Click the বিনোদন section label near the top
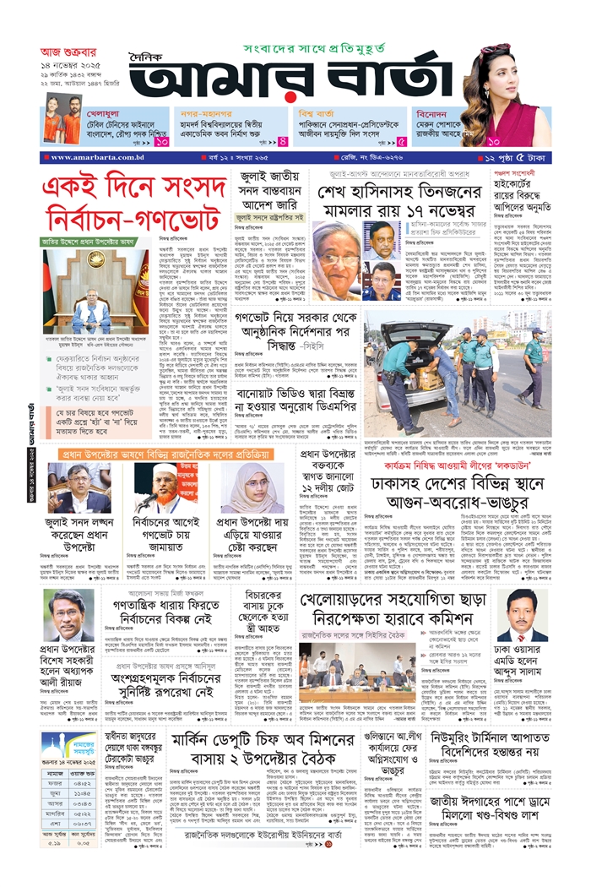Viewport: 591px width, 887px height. pyautogui.click(x=438, y=111)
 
